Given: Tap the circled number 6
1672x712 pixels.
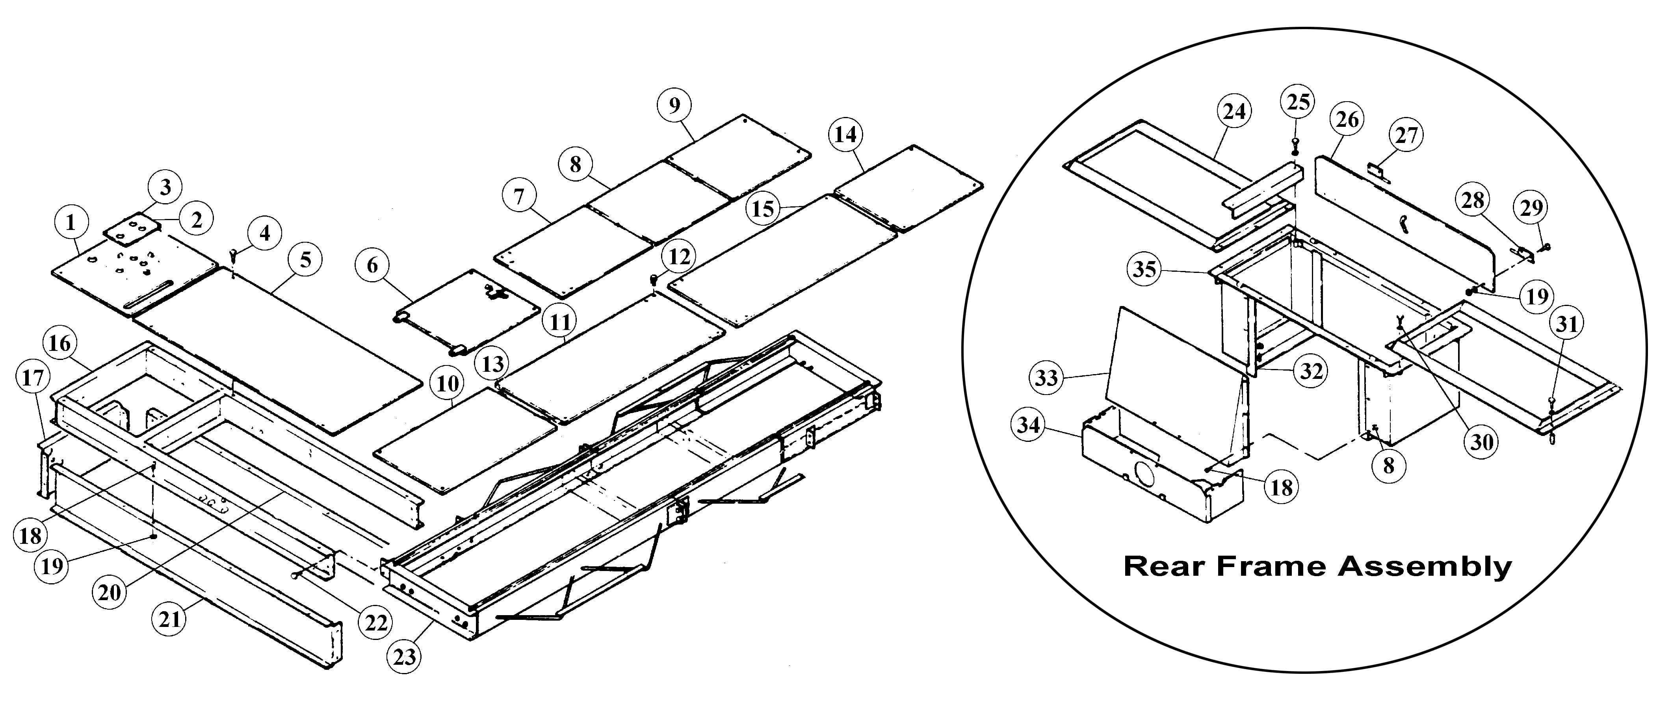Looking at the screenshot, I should point(373,265).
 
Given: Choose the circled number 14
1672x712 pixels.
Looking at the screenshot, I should point(846,135).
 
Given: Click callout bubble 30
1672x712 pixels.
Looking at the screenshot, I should point(1482,442).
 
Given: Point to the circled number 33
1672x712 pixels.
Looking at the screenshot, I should point(1046,377).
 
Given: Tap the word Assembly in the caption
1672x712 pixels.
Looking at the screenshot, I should point(1425,566).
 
